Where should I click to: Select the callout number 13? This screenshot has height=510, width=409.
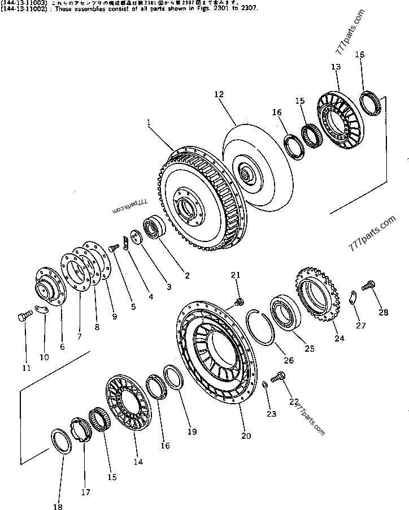tap(336, 67)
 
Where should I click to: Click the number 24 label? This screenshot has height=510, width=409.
tap(339, 339)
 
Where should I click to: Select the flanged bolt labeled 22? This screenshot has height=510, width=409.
tap(279, 375)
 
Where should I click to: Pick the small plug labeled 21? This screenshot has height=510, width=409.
tap(238, 302)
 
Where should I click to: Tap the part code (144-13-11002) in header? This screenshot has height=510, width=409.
tap(22, 9)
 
